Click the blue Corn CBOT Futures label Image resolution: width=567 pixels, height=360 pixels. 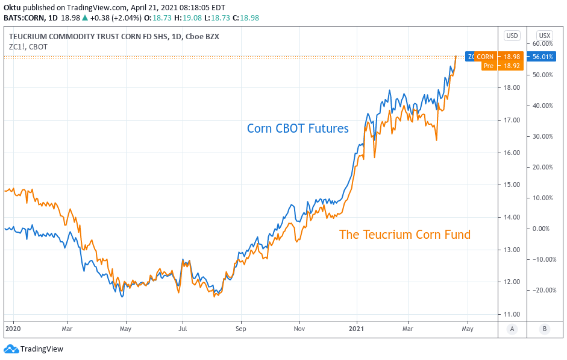click(298, 128)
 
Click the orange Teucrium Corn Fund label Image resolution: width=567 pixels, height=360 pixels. click(404, 235)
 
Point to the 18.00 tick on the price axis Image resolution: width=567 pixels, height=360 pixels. click(512, 87)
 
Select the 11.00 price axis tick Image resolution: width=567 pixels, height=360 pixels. click(512, 314)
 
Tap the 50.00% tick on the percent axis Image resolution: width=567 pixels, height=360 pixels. click(543, 75)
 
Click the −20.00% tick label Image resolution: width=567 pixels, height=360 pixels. click(542, 290)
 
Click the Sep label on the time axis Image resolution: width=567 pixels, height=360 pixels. click(240, 329)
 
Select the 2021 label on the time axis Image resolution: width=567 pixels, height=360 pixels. click(357, 329)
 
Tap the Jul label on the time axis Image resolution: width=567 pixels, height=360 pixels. click(183, 329)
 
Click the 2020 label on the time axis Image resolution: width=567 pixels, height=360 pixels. click(13, 329)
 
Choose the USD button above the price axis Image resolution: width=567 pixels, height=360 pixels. click(512, 36)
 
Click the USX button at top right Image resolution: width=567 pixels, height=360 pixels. click(545, 36)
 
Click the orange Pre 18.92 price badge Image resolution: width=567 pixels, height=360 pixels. click(498, 66)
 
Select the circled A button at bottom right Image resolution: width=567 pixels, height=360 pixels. click(512, 329)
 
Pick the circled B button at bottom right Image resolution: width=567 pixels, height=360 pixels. click(545, 329)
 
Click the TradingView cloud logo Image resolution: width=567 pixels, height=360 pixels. click(11, 349)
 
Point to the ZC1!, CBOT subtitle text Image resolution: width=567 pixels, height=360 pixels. click(28, 46)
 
